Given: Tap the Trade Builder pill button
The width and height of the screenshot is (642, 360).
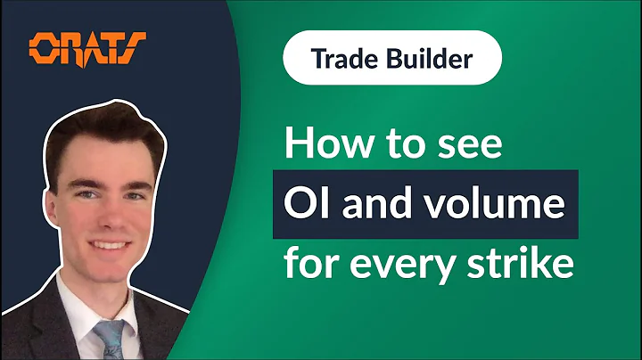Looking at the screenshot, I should [392, 59].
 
